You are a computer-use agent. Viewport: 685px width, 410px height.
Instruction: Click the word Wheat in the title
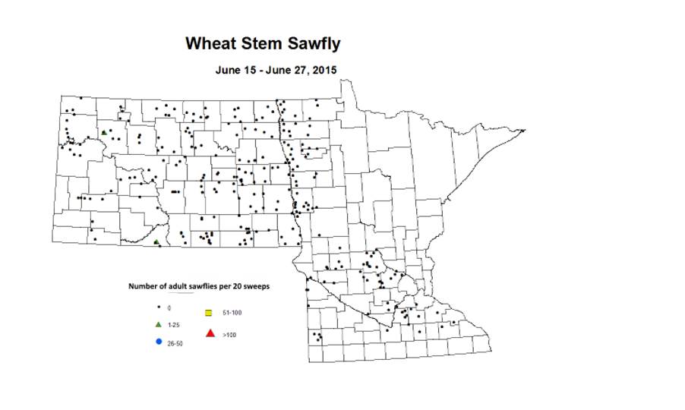(210, 43)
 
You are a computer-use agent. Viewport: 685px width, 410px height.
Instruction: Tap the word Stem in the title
(258, 43)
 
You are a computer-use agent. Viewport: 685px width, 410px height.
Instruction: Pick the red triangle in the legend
(210, 333)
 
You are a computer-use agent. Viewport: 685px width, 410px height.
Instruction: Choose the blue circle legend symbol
(158, 342)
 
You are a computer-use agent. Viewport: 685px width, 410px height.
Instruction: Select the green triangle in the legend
(158, 324)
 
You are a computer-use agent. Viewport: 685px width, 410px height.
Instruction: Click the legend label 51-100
(232, 313)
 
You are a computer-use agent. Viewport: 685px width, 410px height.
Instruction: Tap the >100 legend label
(229, 334)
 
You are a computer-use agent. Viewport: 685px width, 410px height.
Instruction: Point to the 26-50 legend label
(175, 343)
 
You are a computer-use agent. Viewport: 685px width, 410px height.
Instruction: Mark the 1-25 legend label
(174, 325)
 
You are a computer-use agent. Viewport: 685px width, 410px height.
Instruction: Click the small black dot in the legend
(158, 307)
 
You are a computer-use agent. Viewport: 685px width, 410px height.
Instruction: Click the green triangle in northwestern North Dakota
(103, 132)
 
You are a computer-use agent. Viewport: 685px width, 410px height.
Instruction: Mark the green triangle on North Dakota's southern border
(156, 241)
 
